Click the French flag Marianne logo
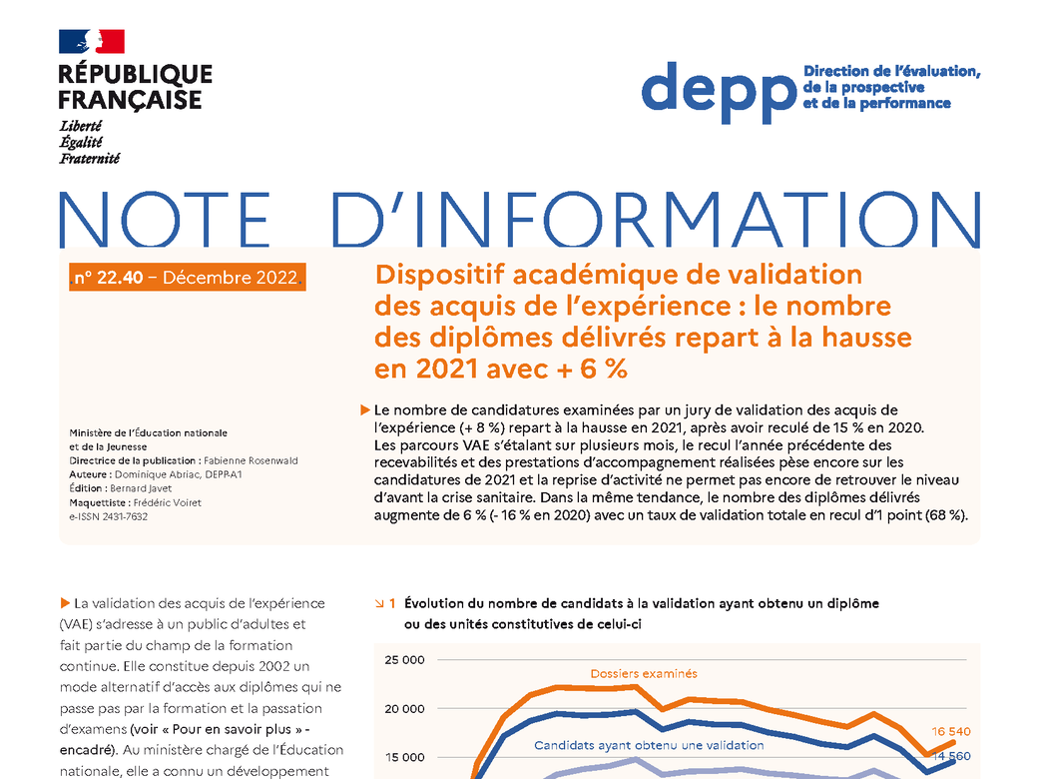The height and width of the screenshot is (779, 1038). coord(92,41)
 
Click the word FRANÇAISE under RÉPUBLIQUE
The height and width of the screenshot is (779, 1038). coord(130,100)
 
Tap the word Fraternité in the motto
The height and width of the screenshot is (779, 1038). coord(90,159)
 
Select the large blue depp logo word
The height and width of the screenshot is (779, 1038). coord(719,92)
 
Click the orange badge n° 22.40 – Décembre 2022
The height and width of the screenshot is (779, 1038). coord(188,277)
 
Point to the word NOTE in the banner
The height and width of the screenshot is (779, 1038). coord(165,219)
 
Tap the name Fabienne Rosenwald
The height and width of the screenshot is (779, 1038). coord(251,460)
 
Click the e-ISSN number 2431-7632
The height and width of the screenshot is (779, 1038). coord(125,516)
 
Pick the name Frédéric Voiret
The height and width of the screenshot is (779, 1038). coord(168,502)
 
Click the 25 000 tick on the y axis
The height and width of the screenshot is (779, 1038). coord(404,660)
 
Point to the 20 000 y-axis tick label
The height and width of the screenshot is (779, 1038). coord(404,709)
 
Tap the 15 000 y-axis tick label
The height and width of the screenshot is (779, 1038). coord(404,757)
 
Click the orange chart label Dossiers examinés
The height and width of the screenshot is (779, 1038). coord(644,674)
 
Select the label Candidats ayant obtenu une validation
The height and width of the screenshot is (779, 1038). coord(649,745)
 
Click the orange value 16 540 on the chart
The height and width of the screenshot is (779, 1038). coord(950,731)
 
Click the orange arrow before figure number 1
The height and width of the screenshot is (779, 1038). coord(379,603)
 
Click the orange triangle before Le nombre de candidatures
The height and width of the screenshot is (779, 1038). coord(364,410)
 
